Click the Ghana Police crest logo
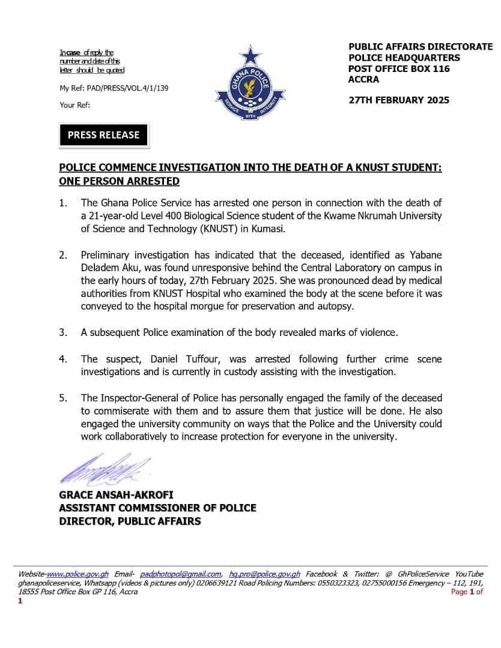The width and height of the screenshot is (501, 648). [251, 83]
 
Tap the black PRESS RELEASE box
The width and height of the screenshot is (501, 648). [103, 135]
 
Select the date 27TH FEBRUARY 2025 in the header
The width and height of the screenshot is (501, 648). [399, 100]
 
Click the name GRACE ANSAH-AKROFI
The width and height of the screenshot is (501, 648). [116, 495]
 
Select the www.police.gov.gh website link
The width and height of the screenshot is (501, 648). [78, 574]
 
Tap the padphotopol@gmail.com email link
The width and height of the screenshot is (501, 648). [180, 574]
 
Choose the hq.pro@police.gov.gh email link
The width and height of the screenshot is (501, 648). [265, 574]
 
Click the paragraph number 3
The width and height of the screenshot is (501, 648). [63, 332]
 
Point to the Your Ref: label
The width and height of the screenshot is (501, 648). [75, 105]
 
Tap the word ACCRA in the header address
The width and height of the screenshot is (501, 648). [363, 79]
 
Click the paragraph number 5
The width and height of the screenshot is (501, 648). [63, 398]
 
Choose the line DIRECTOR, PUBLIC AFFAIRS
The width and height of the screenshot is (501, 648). [130, 521]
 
